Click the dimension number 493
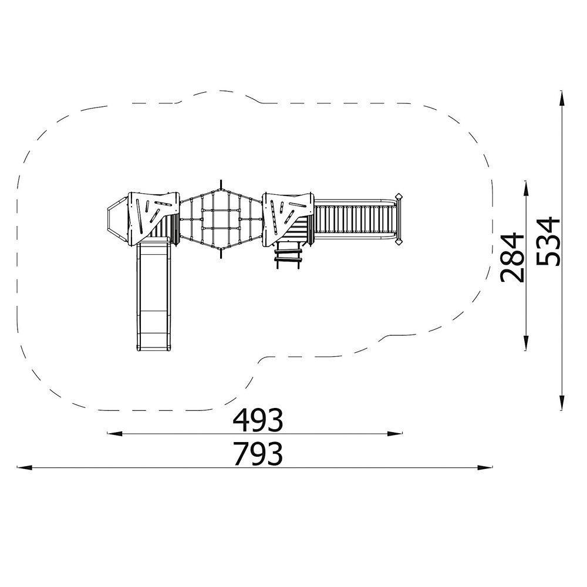click(x=258, y=420)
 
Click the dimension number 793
click(x=258, y=454)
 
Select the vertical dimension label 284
click(x=512, y=258)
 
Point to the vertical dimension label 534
click(x=548, y=241)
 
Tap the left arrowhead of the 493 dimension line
click(x=115, y=434)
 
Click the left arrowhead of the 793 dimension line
click(x=25, y=467)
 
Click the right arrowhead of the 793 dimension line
click(x=484, y=467)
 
